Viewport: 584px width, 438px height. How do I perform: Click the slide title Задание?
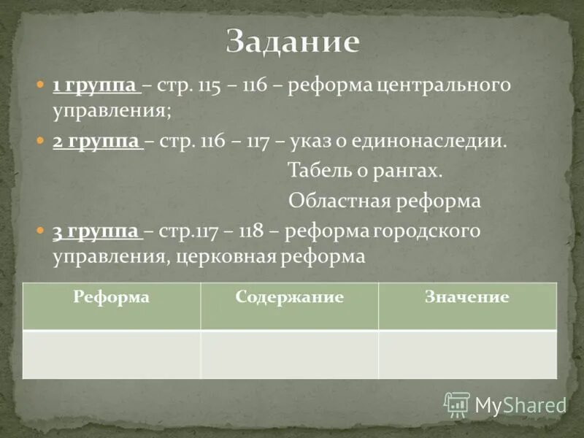click(x=293, y=42)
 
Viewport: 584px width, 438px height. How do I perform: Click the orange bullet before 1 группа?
click(x=41, y=86)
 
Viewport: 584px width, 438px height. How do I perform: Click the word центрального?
click(x=442, y=86)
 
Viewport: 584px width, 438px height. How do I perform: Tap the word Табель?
click(x=320, y=172)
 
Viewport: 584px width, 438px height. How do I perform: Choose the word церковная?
click(x=225, y=257)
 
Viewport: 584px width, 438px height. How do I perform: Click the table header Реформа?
click(x=112, y=297)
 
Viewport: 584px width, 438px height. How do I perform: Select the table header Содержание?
click(x=289, y=297)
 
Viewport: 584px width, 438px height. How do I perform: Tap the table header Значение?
click(x=466, y=297)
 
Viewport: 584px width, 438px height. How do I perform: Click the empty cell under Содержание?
click(x=289, y=354)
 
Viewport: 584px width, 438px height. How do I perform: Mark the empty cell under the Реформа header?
click(x=112, y=354)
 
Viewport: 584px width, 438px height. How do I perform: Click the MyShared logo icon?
click(x=457, y=404)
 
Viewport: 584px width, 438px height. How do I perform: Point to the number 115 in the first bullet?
click(x=210, y=86)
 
